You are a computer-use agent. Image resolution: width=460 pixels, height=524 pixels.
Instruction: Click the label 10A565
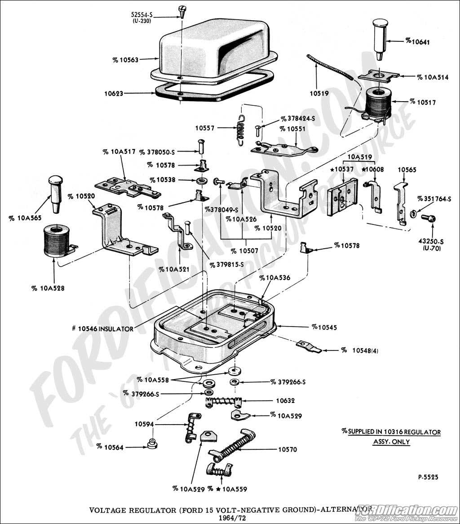pyautogui.click(x=22, y=218)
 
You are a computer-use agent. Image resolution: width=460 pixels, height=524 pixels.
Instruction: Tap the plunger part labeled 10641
pyautogui.click(x=380, y=39)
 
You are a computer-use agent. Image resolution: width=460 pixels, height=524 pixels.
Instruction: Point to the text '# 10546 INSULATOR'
pyautogui.click(x=102, y=329)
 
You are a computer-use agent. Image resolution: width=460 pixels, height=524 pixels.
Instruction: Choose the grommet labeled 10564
pyautogui.click(x=153, y=444)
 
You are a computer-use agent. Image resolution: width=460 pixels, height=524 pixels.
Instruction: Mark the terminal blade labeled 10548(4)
pyautogui.click(x=309, y=346)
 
